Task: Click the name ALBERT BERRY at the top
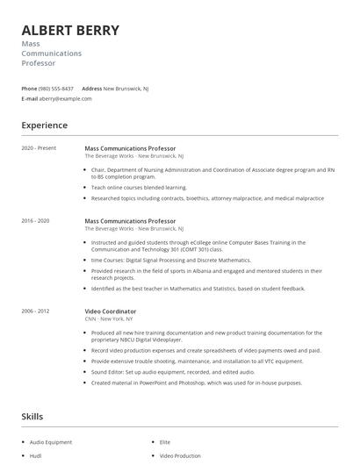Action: [x=70, y=30]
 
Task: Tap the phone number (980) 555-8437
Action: [x=57, y=89]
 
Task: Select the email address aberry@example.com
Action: [x=66, y=98]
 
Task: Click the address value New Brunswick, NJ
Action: [x=126, y=89]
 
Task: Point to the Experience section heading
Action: [x=44, y=125]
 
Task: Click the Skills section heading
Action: [x=33, y=416]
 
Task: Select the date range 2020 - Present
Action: [x=39, y=148]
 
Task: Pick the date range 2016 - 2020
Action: [x=36, y=221]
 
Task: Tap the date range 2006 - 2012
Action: [x=36, y=311]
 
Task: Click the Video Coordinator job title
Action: [x=111, y=311]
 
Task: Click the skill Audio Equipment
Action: [x=51, y=442]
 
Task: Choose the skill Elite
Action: [x=165, y=442]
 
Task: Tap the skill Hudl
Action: [x=36, y=456]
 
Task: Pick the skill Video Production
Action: [x=180, y=456]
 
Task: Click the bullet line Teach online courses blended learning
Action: [x=140, y=187]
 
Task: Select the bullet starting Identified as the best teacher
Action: [x=198, y=288]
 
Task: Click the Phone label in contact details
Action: [x=29, y=89]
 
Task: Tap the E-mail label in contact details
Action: [x=30, y=98]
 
